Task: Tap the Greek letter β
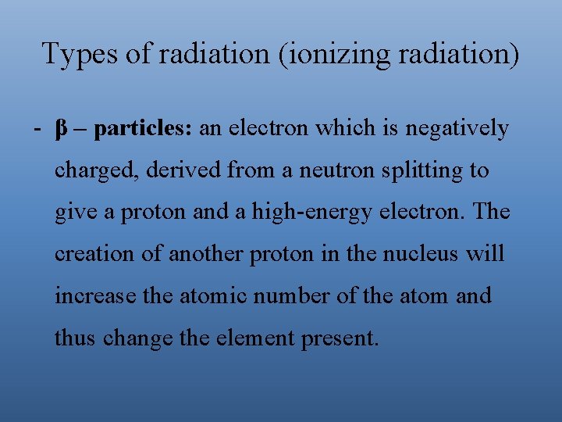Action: tap(61, 129)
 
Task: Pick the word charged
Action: tap(85, 171)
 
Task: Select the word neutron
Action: tap(333, 171)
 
